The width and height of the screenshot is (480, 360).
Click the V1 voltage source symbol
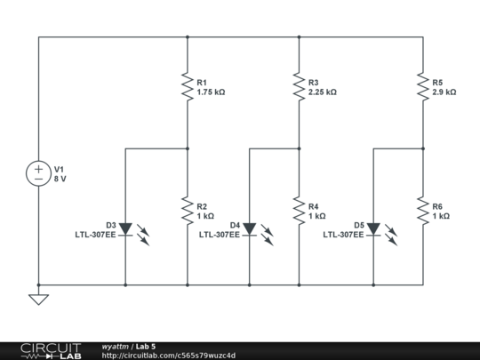38,173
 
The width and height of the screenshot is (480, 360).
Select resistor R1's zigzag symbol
188,87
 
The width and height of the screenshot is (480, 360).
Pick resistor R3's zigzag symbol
299,87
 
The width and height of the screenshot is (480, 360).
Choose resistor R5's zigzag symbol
423,87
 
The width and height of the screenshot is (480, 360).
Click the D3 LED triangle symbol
125,229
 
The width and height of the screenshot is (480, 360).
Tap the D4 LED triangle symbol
250,229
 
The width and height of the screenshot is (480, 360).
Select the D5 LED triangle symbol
373,229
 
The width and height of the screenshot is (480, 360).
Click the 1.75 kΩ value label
211,92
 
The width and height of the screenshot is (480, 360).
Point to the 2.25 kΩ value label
322,92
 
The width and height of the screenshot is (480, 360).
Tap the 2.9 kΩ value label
444,92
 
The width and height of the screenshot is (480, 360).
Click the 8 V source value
60,179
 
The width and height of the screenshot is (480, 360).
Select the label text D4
235,225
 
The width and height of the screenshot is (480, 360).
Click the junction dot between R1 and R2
188,148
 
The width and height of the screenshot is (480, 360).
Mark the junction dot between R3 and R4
299,148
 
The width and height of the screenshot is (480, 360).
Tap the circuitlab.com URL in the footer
169,356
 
